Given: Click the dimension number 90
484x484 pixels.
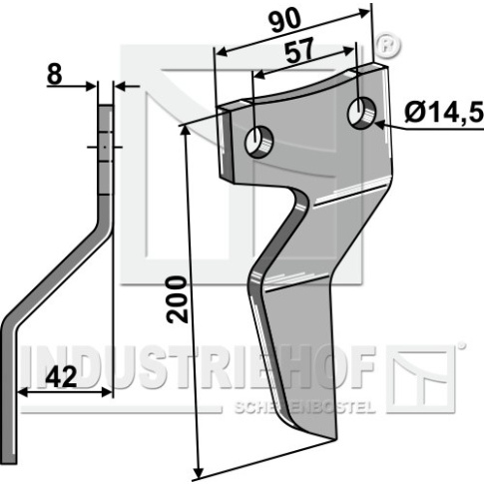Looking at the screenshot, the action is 284,22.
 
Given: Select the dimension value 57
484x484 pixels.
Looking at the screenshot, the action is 299,51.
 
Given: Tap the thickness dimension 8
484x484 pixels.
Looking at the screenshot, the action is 54,75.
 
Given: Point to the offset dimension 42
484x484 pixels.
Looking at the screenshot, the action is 61,377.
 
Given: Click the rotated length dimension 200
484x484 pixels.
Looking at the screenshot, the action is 177,299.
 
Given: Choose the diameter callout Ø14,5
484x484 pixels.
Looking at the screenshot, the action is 444,113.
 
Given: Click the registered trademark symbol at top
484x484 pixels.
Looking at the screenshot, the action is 388,45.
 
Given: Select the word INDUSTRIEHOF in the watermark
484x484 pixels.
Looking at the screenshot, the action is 199,367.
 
